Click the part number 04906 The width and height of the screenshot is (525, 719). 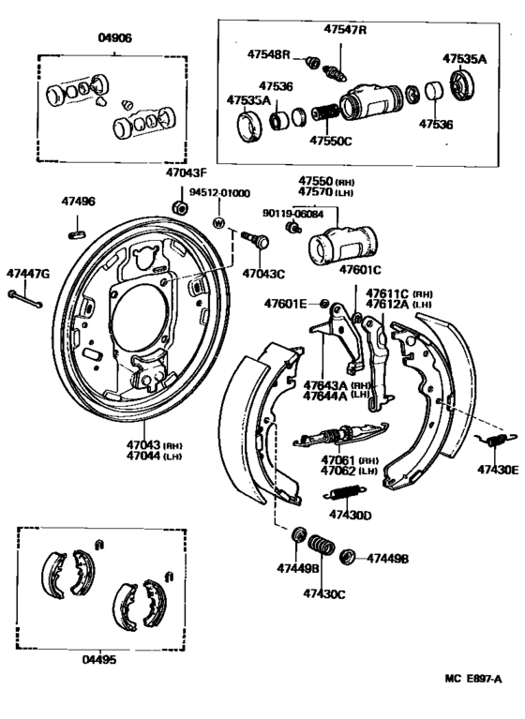pos(115,39)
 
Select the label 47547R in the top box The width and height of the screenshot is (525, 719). pos(345,30)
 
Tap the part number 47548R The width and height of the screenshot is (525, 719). pos(269,54)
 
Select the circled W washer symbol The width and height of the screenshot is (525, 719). pos(218,222)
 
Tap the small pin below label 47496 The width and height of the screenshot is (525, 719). pos(79,224)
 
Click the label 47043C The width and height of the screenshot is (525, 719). pos(263,274)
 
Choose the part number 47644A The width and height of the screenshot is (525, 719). pos(323,396)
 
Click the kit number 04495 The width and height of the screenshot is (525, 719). pos(99,659)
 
